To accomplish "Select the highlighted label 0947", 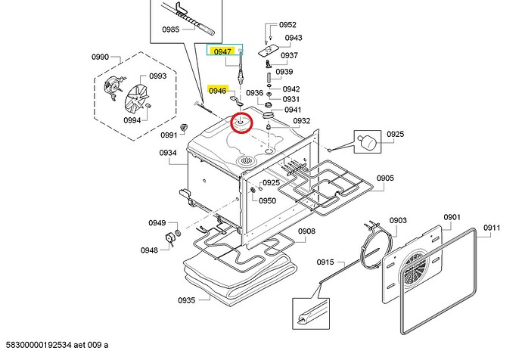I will click(222, 51).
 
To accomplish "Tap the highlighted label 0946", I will click(218, 90).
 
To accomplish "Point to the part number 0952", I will click(287, 25).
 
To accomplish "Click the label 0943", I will click(294, 38).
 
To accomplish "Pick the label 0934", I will click(168, 153).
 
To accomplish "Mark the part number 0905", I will click(385, 178).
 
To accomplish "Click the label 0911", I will click(492, 227).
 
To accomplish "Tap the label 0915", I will click(325, 262).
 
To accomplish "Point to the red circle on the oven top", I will click(242, 122).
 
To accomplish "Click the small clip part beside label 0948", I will click(170, 241).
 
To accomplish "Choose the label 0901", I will click(452, 217).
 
